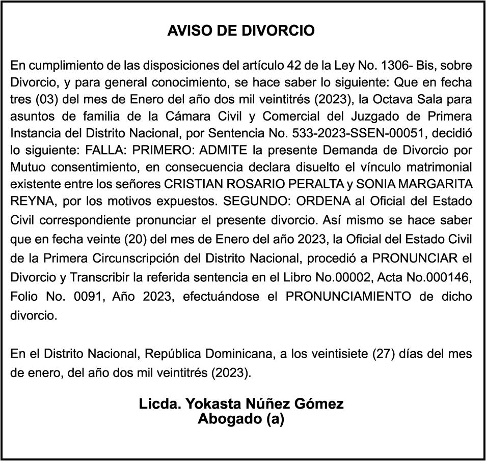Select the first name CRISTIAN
point(196,184)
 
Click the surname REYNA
point(31,200)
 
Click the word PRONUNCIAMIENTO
point(348,296)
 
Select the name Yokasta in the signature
point(208,404)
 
